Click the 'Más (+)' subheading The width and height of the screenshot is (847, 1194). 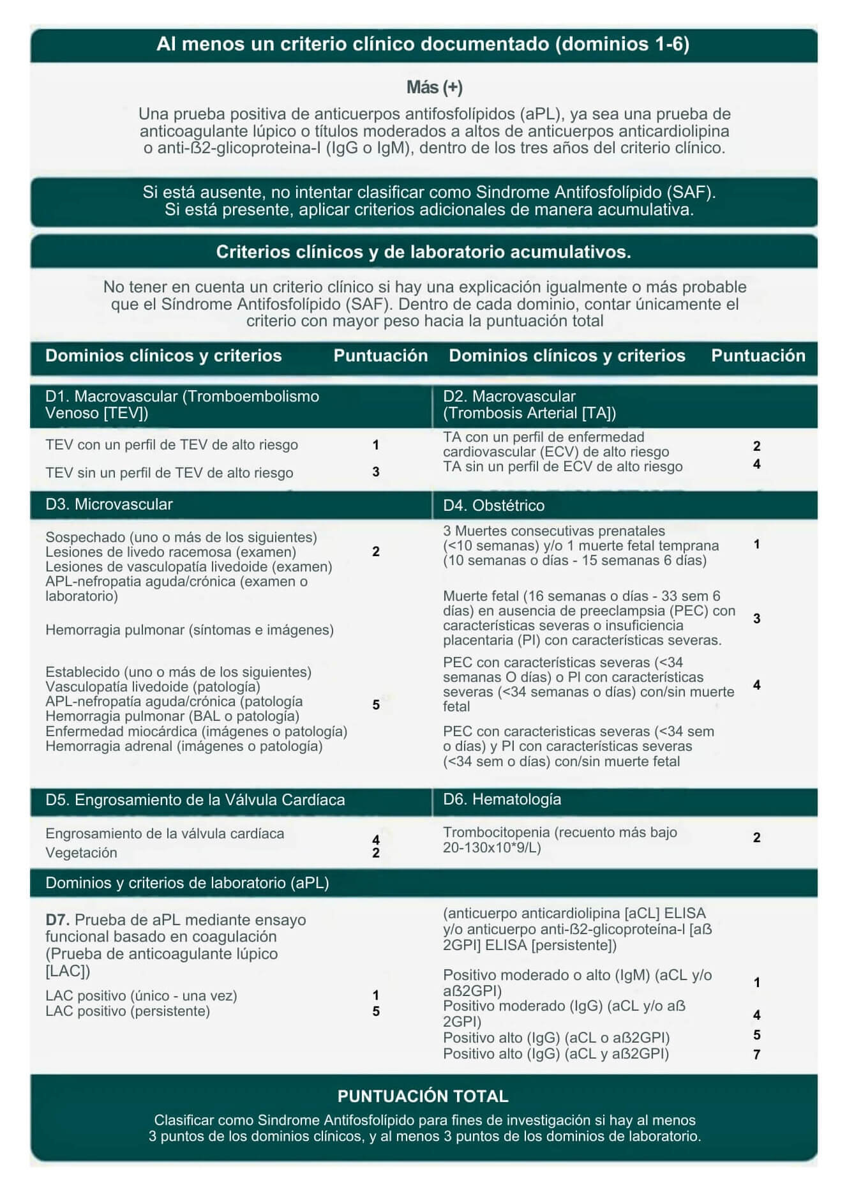[x=434, y=87]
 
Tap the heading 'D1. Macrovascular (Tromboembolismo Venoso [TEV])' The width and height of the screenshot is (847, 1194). [x=182, y=404]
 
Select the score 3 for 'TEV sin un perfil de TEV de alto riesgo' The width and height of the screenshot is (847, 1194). [x=376, y=472]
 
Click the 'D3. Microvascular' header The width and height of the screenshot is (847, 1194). [x=109, y=504]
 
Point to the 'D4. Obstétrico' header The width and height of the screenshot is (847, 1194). [x=493, y=506]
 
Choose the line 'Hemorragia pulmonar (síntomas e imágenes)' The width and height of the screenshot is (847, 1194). [x=190, y=630]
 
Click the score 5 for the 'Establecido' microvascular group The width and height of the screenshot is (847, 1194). [x=376, y=705]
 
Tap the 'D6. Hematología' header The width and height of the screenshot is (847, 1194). [x=502, y=799]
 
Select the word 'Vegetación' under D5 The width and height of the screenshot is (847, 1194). [x=81, y=853]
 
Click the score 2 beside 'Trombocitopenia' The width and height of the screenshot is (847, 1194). [x=756, y=838]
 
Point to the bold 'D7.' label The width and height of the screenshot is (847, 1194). [x=58, y=920]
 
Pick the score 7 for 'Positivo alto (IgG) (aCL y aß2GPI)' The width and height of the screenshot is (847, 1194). [x=756, y=1055]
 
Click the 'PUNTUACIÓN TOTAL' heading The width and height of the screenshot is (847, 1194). [x=423, y=1096]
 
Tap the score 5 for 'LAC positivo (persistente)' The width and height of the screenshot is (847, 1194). [x=376, y=1011]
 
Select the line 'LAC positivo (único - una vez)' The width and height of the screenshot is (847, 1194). [x=141, y=996]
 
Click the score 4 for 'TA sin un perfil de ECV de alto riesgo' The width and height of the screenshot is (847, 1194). [x=756, y=464]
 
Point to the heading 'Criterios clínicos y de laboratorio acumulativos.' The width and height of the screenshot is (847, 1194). [x=423, y=252]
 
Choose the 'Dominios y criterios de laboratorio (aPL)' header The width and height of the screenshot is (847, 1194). [x=187, y=883]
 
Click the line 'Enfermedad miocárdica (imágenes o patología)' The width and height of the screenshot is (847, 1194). [x=196, y=732]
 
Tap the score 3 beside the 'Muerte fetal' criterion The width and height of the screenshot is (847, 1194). [x=756, y=618]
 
